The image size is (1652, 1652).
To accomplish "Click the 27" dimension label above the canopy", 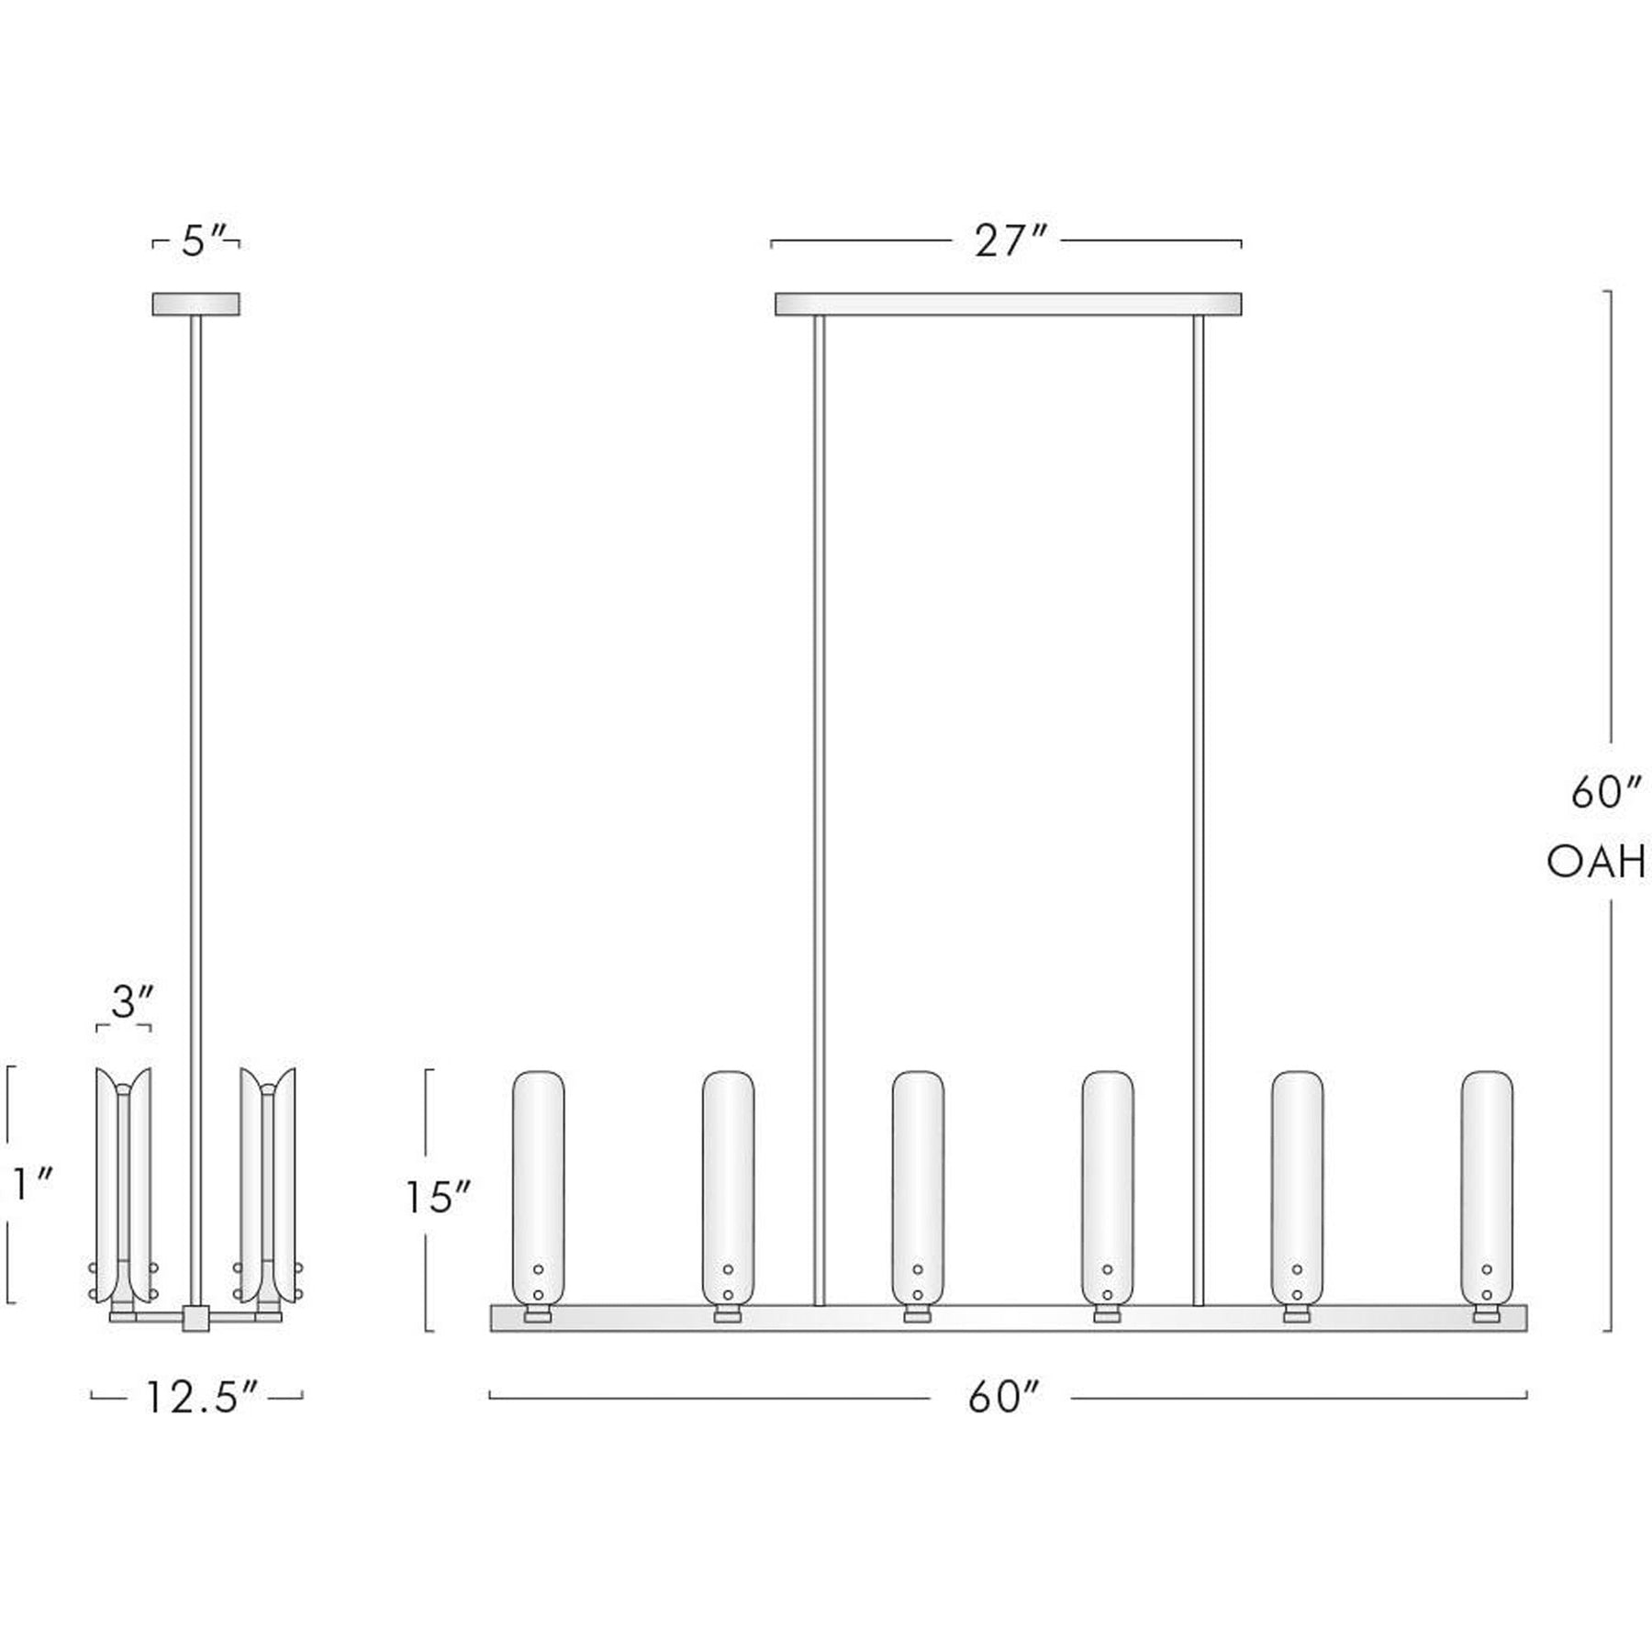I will [x=1009, y=242].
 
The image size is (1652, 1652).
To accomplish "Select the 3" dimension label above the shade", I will [x=130, y=1002].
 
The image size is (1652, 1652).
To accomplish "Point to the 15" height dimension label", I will [x=439, y=1197].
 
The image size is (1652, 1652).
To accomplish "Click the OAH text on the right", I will [x=1595, y=864].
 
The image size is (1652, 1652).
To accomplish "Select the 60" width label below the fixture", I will [x=1002, y=1398].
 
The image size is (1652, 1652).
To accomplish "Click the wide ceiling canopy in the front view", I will [x=1008, y=304].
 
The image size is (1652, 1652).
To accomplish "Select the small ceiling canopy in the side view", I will [x=195, y=304].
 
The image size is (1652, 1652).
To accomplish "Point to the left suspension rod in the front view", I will [x=820, y=808].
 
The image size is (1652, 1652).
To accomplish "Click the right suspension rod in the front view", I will [x=1198, y=808].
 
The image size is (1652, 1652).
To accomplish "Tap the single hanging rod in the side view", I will [x=195, y=734].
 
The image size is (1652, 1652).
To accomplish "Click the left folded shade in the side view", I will [x=124, y=1184].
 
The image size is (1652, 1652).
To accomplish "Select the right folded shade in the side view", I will [x=268, y=1184].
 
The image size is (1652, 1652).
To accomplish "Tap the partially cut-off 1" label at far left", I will [x=29, y=1185].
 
